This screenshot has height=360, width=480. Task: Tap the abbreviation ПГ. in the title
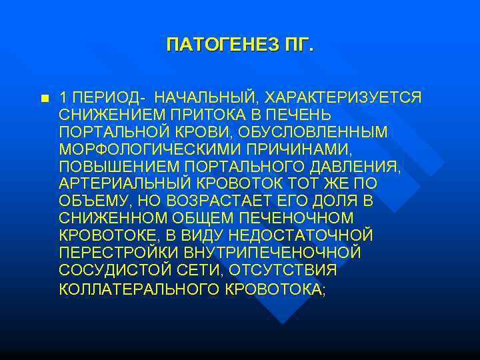[x=299, y=46]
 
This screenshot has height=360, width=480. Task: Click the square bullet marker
[x=44, y=98]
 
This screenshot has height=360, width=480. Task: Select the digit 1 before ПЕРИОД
[x=62, y=97]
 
